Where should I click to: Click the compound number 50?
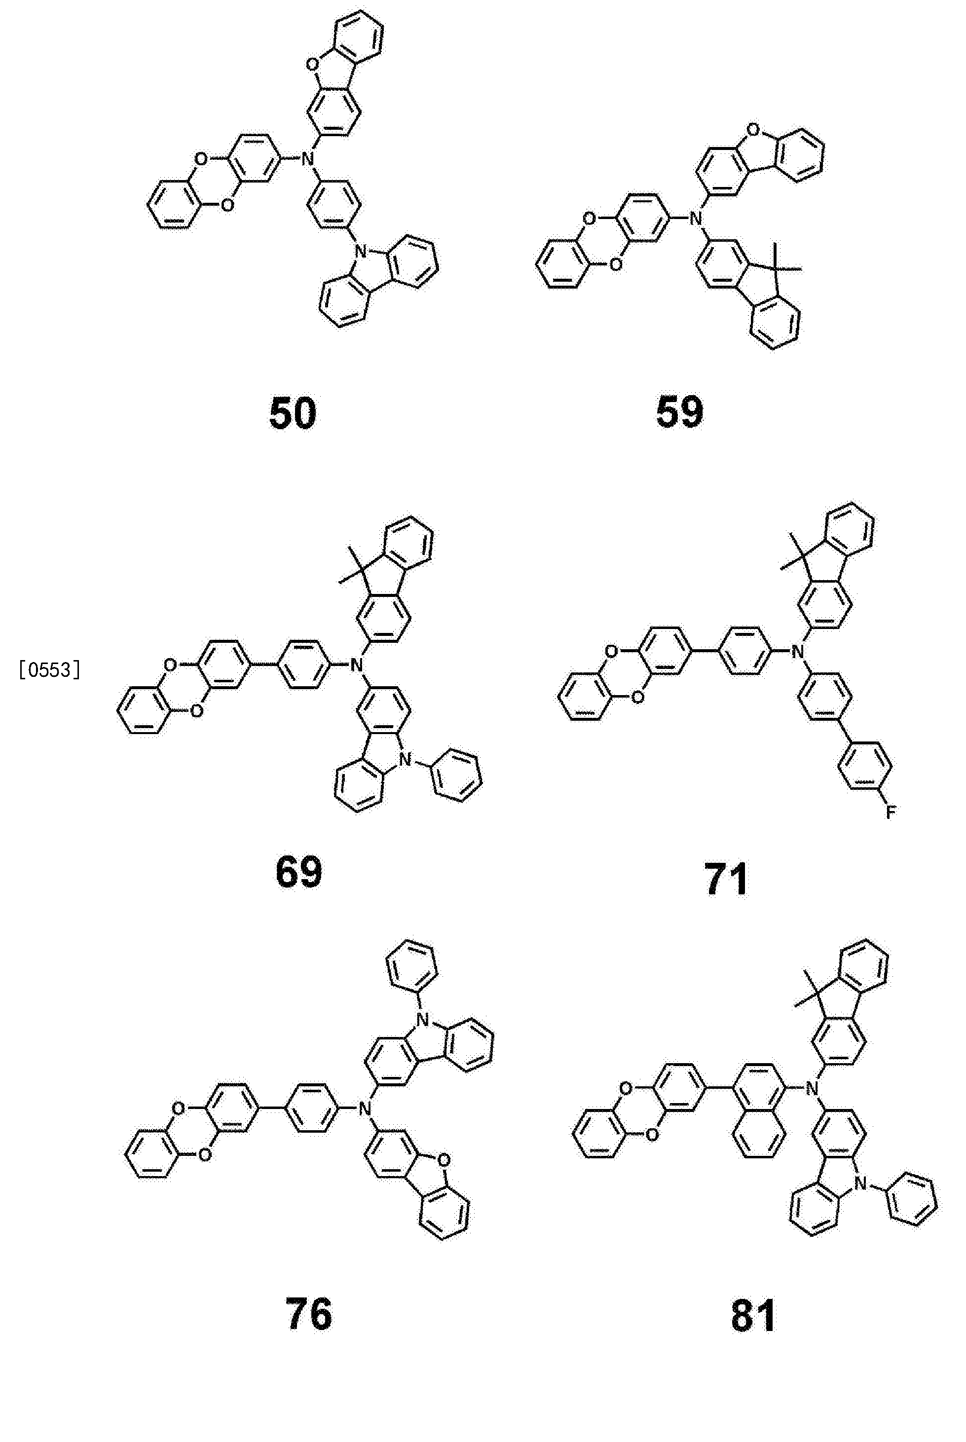(293, 413)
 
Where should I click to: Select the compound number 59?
(679, 413)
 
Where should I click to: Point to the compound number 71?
(726, 879)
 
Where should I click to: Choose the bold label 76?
(309, 1314)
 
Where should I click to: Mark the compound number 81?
(753, 1316)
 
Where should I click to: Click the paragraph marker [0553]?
(50, 669)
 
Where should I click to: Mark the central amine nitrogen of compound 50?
(307, 159)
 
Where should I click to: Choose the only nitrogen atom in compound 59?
(696, 218)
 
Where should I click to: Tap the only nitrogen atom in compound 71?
(798, 651)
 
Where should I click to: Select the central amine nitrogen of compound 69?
(355, 664)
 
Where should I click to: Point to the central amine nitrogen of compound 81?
(812, 1089)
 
